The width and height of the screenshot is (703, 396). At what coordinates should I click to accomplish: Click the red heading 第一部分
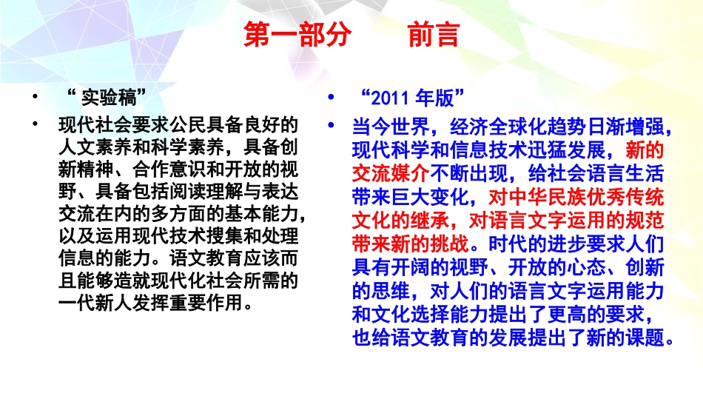[x=296, y=36]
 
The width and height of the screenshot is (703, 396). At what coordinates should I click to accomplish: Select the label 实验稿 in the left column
[x=109, y=96]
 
